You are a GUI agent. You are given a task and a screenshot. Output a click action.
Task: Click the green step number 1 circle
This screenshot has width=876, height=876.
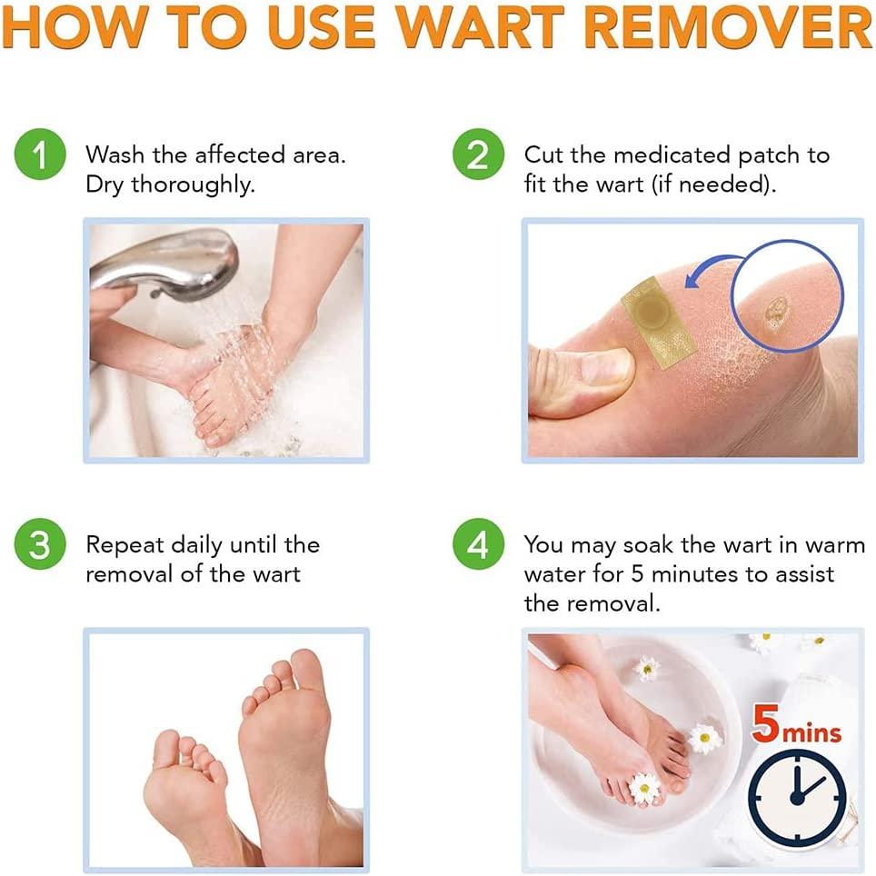click(39, 155)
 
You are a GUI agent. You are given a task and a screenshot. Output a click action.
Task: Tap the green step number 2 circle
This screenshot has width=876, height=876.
click(477, 155)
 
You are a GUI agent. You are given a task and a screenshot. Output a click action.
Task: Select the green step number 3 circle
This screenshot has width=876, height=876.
click(39, 546)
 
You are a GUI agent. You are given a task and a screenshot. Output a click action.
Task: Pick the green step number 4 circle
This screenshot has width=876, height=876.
click(477, 546)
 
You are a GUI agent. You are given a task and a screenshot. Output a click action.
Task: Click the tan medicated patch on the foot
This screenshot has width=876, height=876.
click(658, 318)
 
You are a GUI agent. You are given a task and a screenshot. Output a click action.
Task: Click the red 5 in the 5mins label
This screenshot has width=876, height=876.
click(765, 732)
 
